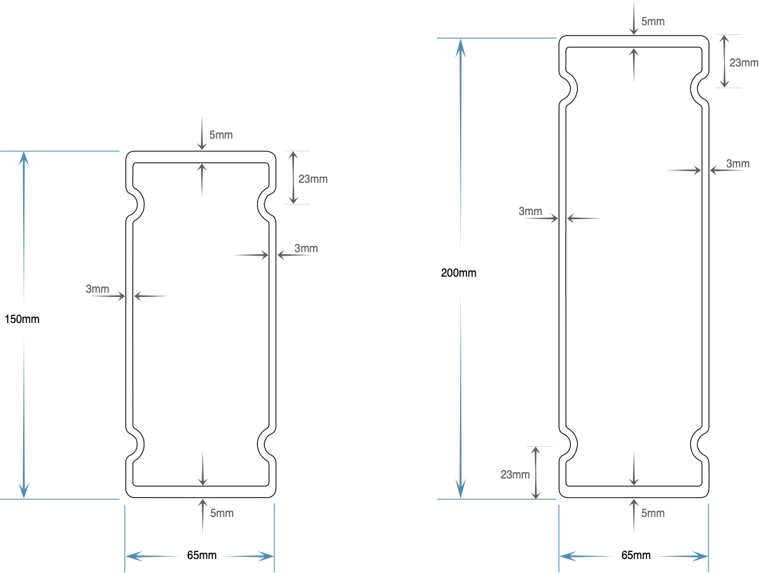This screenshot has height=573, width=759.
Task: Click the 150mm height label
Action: click(22, 319)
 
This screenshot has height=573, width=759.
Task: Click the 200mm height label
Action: click(459, 273)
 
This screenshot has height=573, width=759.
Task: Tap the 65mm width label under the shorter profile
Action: click(202, 555)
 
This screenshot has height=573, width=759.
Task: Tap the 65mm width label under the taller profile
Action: click(636, 555)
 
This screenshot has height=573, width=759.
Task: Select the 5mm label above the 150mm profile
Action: click(221, 135)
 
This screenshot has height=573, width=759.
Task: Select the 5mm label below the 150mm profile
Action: click(222, 513)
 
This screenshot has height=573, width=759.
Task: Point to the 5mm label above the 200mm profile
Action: click(653, 22)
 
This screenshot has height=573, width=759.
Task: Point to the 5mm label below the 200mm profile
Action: click(653, 513)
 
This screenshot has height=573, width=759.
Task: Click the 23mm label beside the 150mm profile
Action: click(313, 179)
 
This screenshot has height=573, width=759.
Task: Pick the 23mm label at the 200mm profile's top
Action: click(744, 63)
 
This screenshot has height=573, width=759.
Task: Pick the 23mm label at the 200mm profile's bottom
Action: click(515, 475)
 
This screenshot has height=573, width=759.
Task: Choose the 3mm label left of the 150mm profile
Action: click(97, 289)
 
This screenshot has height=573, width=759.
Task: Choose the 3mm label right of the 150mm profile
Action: click(306, 249)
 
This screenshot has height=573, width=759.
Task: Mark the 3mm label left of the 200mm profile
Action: click(530, 211)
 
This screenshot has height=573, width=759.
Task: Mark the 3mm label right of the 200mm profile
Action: click(738, 164)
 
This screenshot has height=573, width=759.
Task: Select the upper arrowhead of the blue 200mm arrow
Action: click(461, 48)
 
